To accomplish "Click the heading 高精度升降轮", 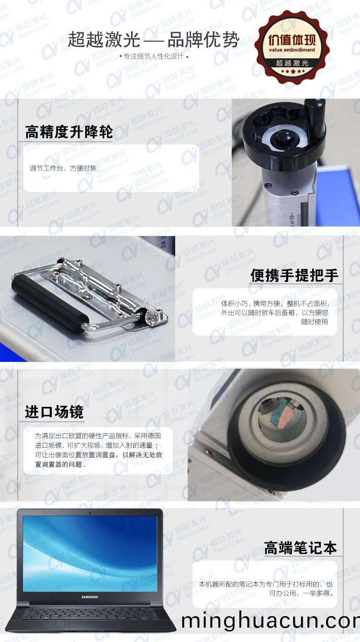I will tap(69, 132).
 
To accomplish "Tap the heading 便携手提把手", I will tap(294, 275).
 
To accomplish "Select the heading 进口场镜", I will tap(54, 412).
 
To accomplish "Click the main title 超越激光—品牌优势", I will tap(153, 40).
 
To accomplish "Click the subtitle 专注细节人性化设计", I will tap(153, 56).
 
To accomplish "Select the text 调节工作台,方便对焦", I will tap(63, 168).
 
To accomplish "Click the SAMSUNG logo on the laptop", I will tap(90, 597).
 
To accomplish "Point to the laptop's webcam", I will tap(90, 513).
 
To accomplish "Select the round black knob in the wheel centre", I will tap(279, 139).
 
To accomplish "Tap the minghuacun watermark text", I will tap(270, 621).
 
